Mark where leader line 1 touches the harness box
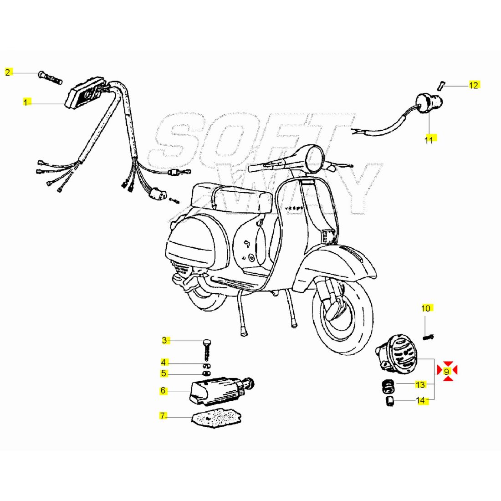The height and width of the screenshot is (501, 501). coord(65,103)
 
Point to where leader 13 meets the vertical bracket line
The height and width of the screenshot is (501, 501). coord(434,384)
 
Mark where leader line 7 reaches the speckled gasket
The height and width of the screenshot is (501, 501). coord(193,417)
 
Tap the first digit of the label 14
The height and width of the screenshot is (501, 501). coord(418,400)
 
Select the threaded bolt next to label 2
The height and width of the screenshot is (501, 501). coord(50,78)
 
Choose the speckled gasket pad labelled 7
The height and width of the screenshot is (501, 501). coord(216,417)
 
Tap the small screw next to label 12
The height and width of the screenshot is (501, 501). coord(440,86)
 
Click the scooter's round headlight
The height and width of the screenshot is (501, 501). coord(314,158)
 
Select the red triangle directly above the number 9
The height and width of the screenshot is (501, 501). coord(448,364)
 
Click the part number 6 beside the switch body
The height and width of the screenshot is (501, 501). coord(163,390)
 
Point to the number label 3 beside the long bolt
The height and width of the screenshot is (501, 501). coord(164,340)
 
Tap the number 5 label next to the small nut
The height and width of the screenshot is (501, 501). coord(163,373)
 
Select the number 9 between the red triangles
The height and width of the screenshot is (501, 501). coord(447,371)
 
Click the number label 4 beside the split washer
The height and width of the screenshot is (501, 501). coord(163,363)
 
